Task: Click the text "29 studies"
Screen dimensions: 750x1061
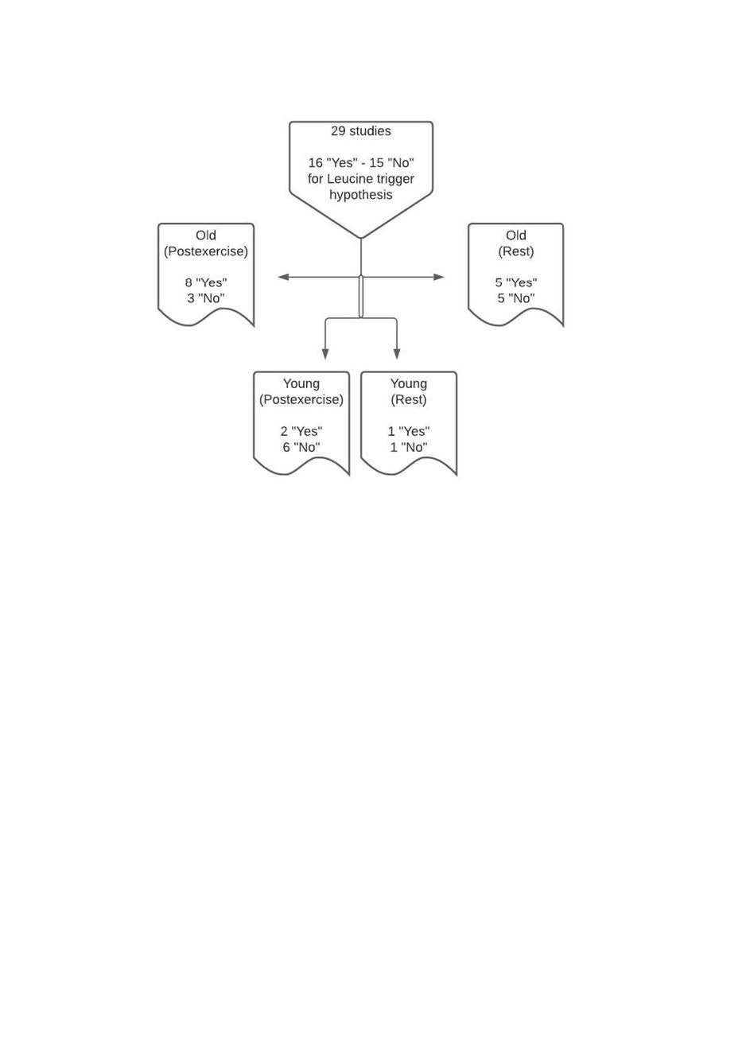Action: click(360, 131)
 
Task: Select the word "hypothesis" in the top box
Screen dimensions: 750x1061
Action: click(360, 195)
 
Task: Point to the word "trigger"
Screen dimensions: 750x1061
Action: click(395, 180)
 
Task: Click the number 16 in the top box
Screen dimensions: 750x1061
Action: click(315, 163)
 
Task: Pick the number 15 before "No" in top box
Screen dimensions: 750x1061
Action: click(376, 163)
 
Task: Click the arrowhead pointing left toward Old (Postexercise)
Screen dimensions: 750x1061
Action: click(283, 277)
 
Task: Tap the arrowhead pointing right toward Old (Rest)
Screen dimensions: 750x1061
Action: click(439, 277)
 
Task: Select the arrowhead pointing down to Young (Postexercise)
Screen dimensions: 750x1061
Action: click(325, 353)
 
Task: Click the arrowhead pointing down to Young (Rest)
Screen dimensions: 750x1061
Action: click(397, 353)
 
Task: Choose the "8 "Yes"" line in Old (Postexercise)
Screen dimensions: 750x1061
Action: click(206, 283)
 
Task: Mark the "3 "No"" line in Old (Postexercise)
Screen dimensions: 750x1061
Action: click(206, 298)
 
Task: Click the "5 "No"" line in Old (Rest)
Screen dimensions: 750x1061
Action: click(516, 298)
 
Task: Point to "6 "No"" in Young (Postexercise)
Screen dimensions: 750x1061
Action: click(301, 447)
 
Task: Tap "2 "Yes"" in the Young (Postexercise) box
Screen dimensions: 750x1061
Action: click(301, 432)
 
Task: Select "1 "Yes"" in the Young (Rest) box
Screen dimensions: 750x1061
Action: click(409, 432)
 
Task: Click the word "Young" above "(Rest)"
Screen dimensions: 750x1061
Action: click(409, 384)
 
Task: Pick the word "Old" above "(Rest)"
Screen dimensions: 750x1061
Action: click(516, 235)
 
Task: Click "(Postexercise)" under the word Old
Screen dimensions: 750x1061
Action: click(206, 251)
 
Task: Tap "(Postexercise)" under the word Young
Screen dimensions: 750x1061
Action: click(301, 400)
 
